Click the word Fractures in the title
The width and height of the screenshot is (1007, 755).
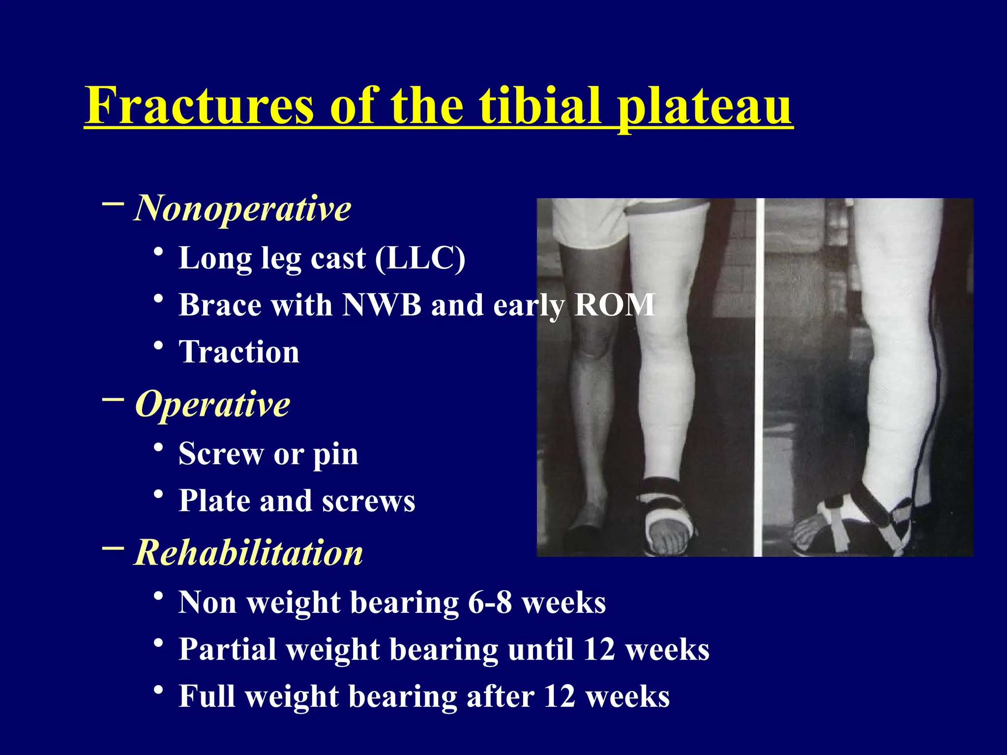point(199,106)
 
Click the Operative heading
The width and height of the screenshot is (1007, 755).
point(212,404)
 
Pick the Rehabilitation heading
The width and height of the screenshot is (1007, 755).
point(248,552)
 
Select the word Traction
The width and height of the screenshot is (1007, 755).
point(239,352)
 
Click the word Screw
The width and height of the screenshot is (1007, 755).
point(221,453)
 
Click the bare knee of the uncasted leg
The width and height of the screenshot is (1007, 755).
point(592,339)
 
